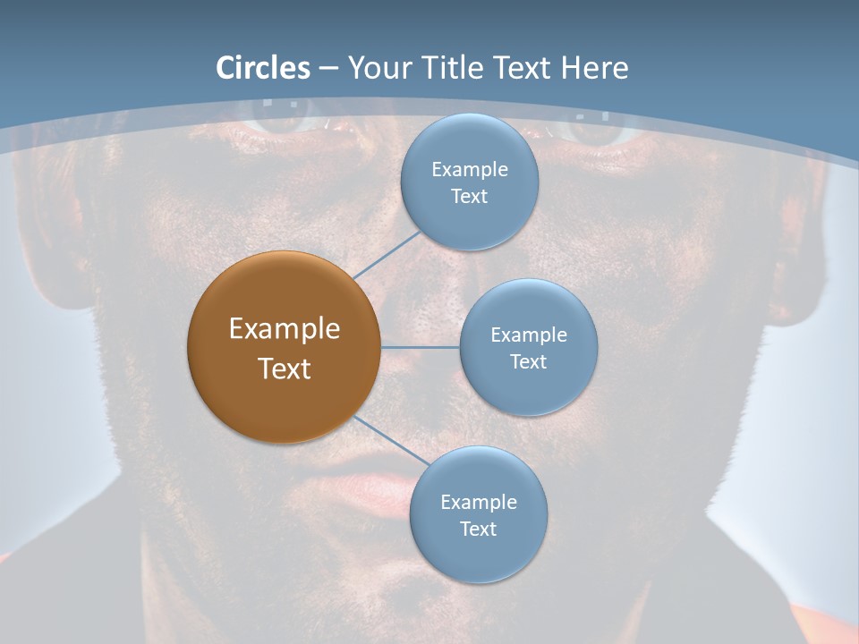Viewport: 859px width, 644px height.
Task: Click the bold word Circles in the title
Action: pos(263,68)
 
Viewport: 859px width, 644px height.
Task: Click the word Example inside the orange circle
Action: pos(284,329)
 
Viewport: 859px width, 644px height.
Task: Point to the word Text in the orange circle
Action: pos(284,369)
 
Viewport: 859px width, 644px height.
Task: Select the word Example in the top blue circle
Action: pos(470,169)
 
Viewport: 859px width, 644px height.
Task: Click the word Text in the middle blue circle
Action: pos(529,361)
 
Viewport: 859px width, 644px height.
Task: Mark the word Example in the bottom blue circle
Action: pos(479,502)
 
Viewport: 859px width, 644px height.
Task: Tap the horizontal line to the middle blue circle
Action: pos(420,347)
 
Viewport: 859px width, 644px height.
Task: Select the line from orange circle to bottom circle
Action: pos(387,440)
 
